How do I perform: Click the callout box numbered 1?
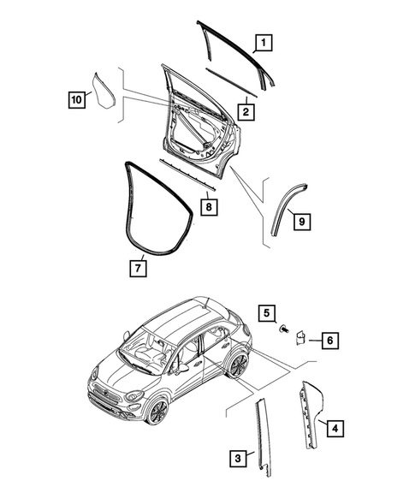coord(264,41)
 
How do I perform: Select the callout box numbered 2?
coord(245,111)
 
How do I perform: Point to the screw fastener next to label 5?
coord(285,328)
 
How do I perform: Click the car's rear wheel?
coord(239,366)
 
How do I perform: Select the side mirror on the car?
coord(183,368)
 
